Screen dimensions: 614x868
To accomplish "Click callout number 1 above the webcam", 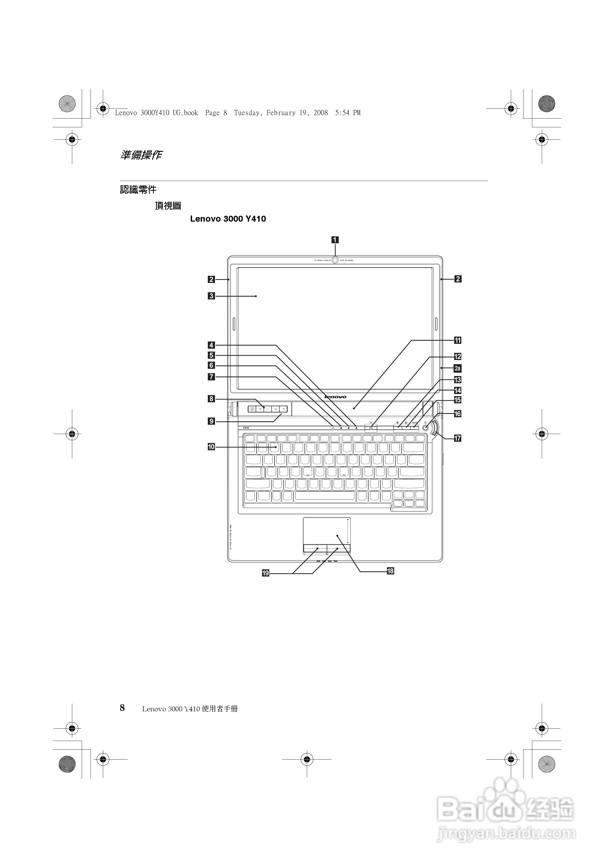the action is [335, 240].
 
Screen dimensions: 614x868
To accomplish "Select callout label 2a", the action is [457, 368].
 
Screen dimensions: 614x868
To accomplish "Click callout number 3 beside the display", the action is [211, 296].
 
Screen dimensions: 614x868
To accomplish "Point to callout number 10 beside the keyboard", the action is [211, 447].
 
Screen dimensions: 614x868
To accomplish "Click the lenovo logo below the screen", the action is [335, 397].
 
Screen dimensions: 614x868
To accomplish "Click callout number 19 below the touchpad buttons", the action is [266, 573].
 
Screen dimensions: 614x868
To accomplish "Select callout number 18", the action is [390, 571].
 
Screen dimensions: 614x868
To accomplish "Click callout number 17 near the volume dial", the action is [457, 438].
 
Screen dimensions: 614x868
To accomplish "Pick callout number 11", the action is [457, 340].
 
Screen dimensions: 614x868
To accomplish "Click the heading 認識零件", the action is [138, 190].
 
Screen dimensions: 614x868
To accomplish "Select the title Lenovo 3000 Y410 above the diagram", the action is [228, 219].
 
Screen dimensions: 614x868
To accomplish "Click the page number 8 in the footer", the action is [122, 708].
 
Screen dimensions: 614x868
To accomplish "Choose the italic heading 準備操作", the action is [141, 155].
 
